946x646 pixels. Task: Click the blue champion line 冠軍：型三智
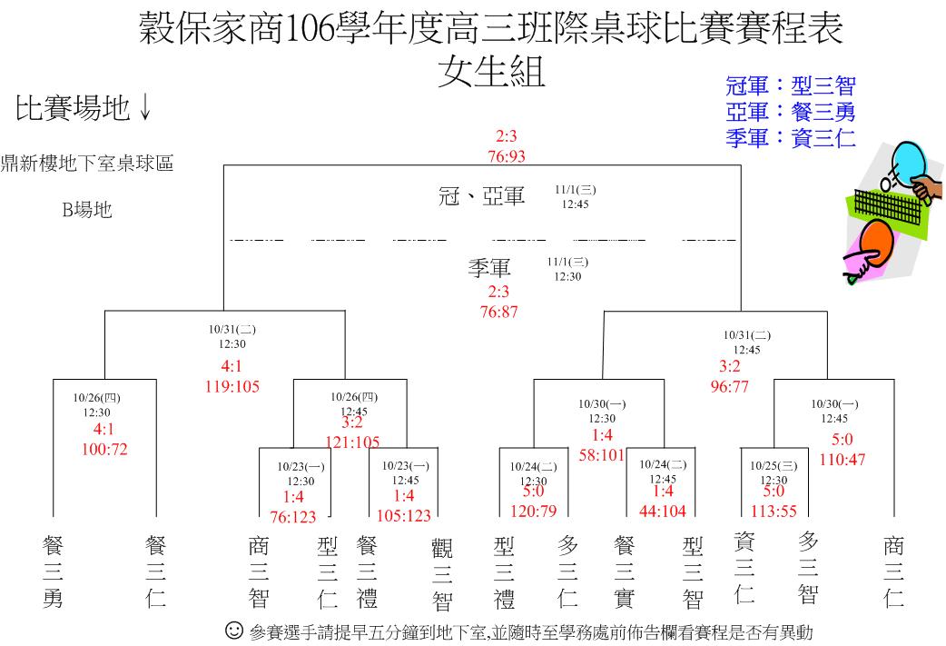[791, 85]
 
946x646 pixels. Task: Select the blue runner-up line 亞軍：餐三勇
[791, 112]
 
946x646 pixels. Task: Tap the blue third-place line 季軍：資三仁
[791, 138]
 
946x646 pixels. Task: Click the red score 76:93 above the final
[507, 156]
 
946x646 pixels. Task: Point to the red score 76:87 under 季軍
[499, 313]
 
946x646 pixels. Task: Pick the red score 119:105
[232, 386]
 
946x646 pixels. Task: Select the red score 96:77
[729, 386]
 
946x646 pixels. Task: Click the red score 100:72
[104, 449]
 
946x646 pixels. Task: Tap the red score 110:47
[843, 460]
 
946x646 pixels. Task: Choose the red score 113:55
[774, 512]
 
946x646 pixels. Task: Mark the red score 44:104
[663, 512]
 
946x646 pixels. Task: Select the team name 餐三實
[625, 572]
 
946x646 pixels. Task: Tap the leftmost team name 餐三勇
[53, 571]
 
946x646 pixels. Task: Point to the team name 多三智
[808, 568]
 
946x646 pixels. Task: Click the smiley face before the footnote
[234, 631]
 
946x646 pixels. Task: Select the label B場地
[87, 210]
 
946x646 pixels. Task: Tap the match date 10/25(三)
[774, 466]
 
